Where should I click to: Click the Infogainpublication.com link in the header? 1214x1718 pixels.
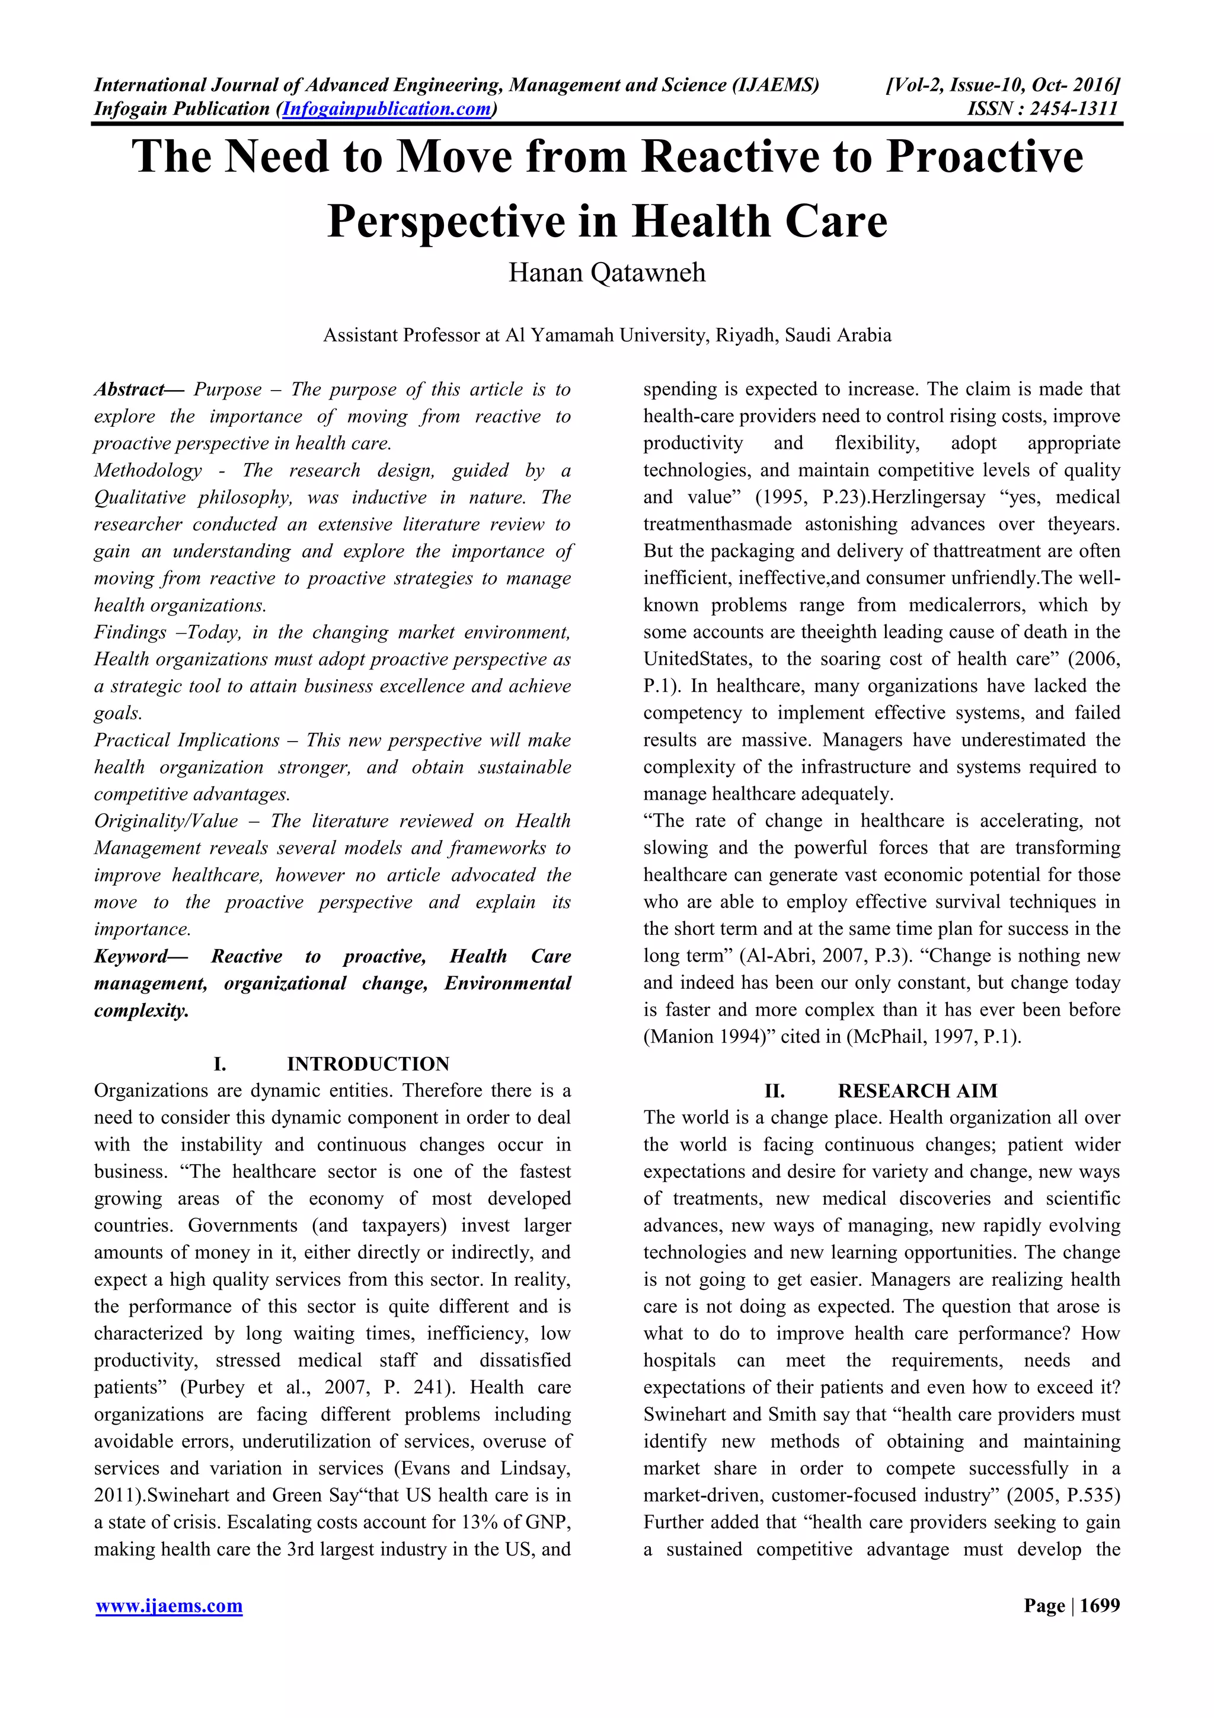coord(386,109)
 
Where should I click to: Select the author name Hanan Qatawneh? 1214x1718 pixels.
coord(606,272)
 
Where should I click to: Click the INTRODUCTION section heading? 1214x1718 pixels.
coord(368,1064)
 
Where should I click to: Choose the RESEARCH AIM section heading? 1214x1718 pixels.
coord(917,1091)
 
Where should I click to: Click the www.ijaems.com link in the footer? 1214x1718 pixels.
coord(169,1606)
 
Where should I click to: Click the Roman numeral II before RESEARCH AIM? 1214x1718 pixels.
coord(774,1091)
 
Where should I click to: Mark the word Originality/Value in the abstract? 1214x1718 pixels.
coord(165,822)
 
